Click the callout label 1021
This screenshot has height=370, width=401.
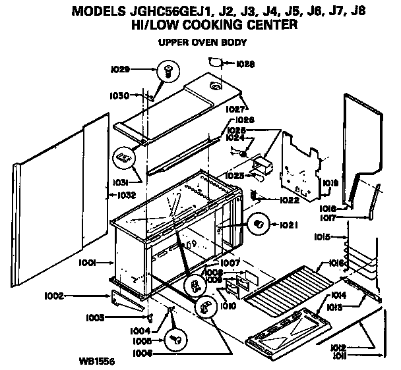pyautogui.click(x=288, y=225)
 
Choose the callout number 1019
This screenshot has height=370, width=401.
pyautogui.click(x=331, y=183)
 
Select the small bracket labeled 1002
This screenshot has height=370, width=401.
pyautogui.click(x=127, y=300)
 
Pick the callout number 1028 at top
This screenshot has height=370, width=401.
pyautogui.click(x=245, y=65)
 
